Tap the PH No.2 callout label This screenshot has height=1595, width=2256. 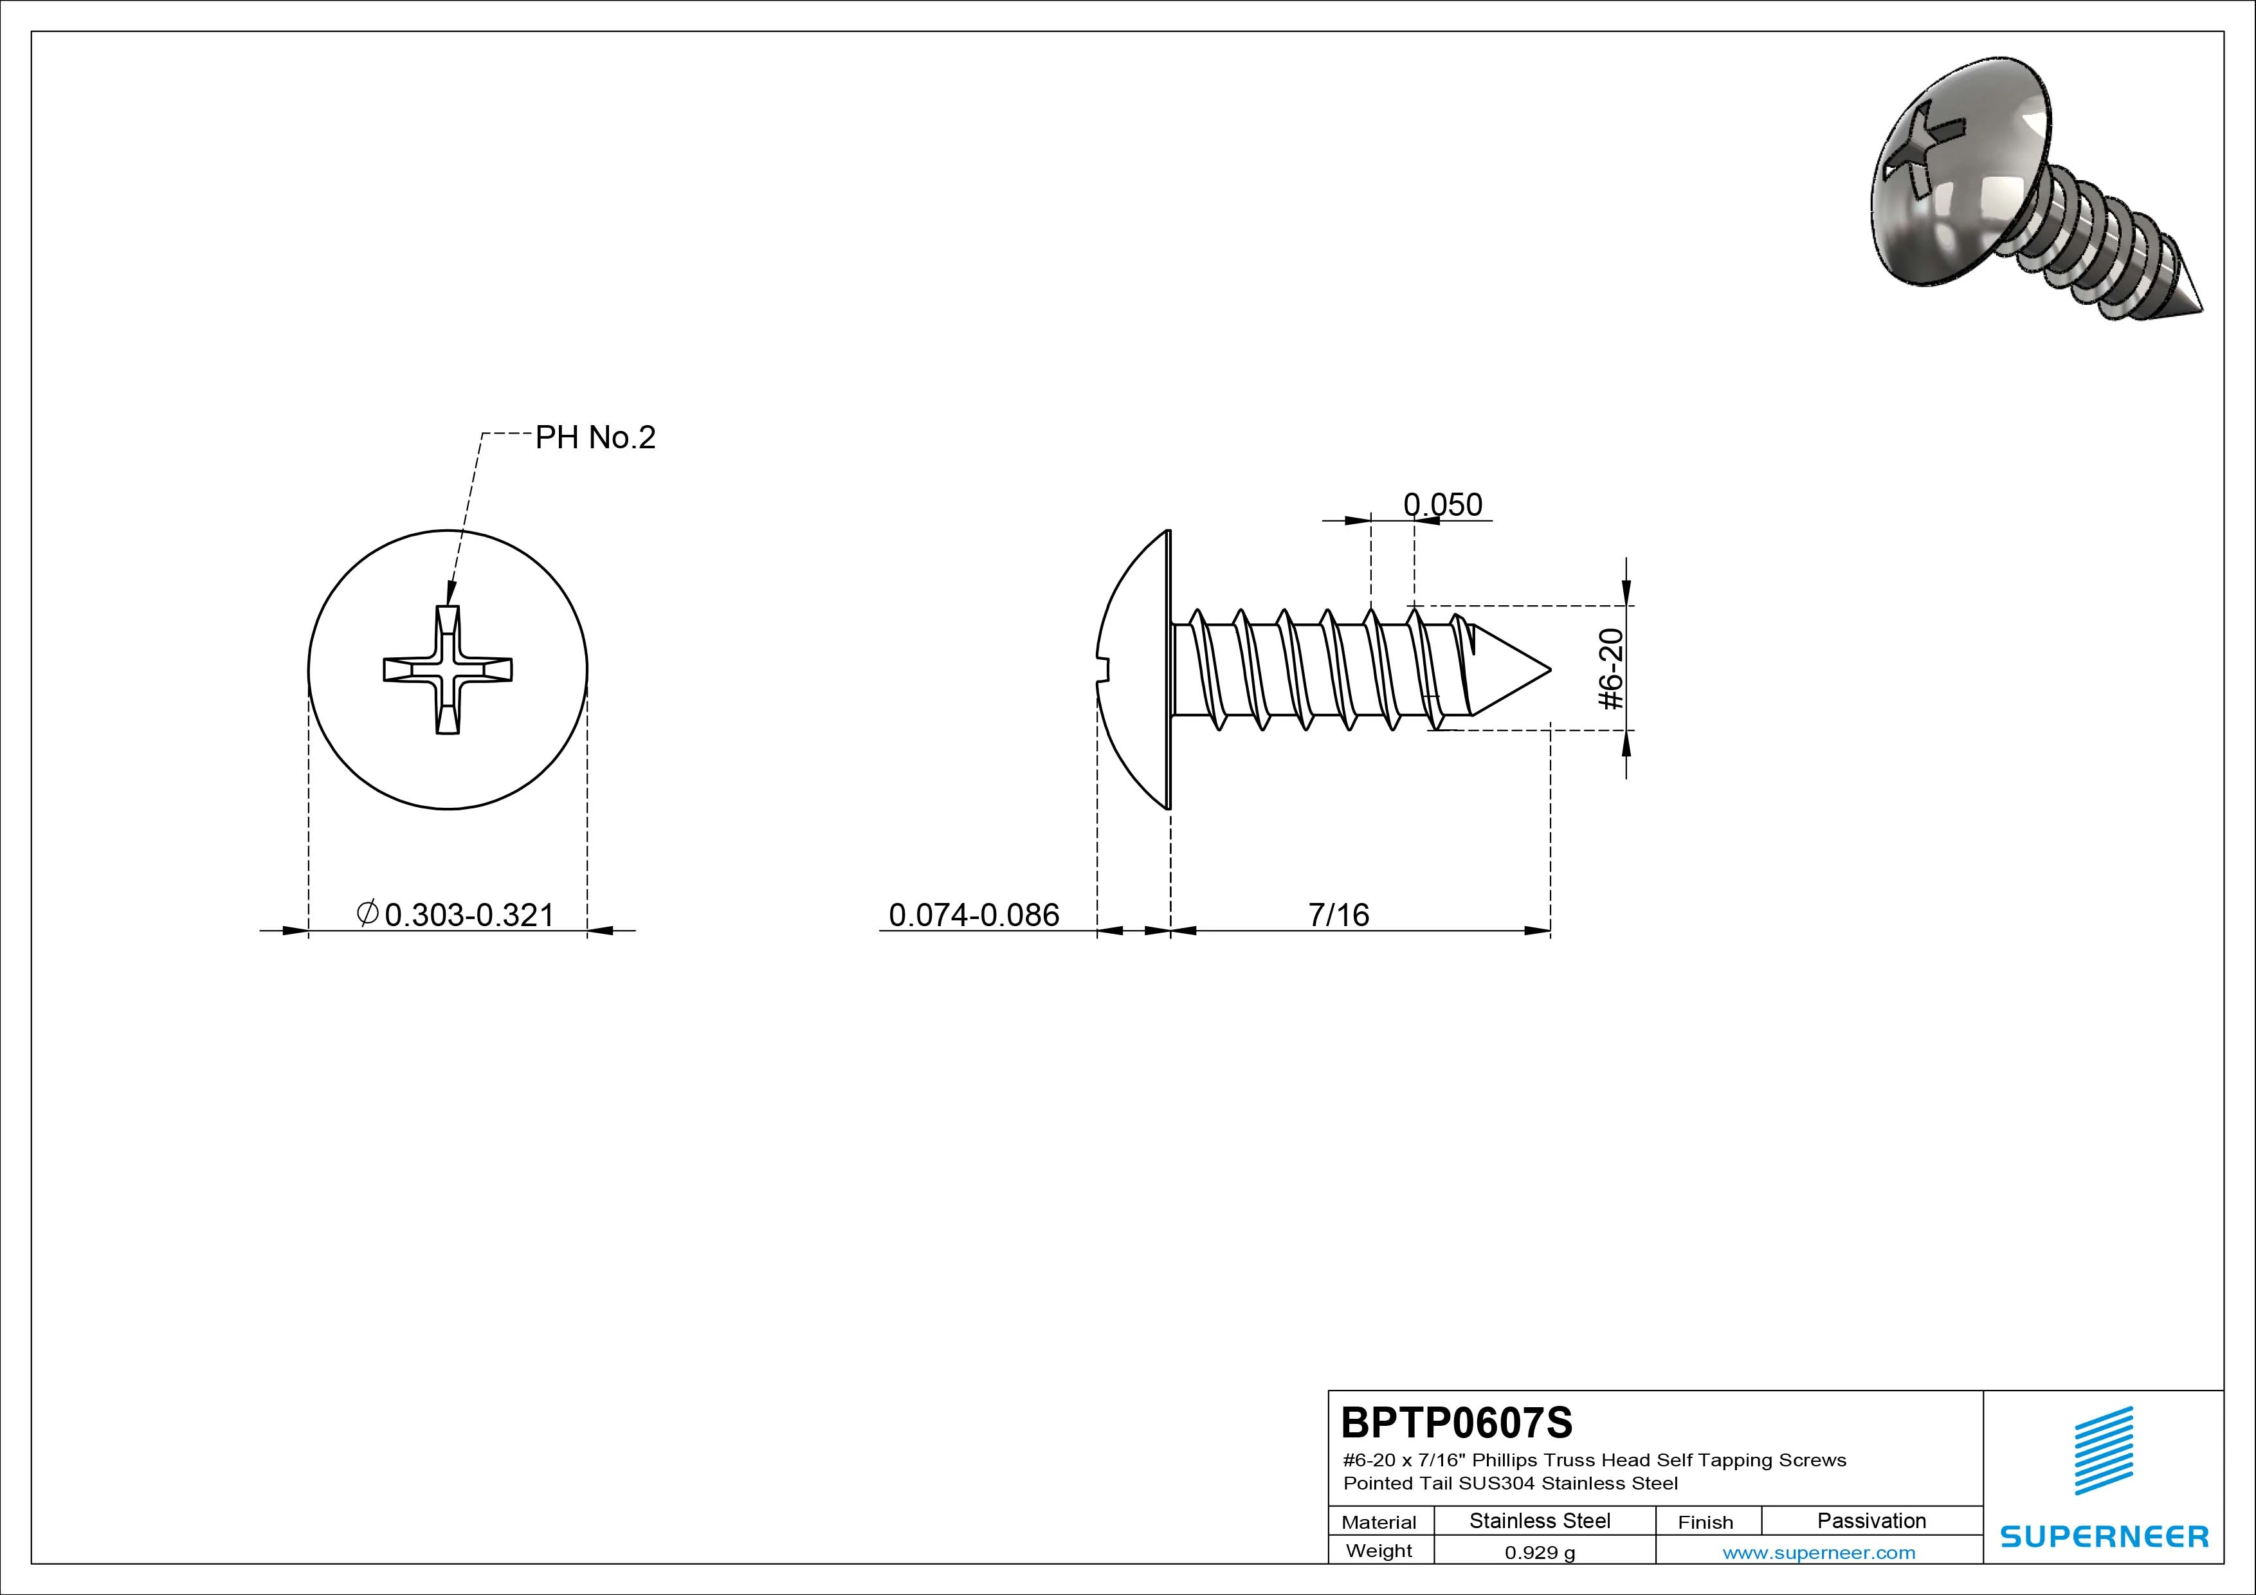[x=594, y=437]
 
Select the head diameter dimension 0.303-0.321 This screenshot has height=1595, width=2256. [x=469, y=915]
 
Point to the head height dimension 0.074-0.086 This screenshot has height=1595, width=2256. [x=974, y=915]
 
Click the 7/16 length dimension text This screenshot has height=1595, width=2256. [x=1338, y=915]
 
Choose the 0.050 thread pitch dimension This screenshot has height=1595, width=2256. [x=1442, y=504]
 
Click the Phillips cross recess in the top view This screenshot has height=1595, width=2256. [x=448, y=670]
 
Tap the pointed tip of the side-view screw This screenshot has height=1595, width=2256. [x=1549, y=670]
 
